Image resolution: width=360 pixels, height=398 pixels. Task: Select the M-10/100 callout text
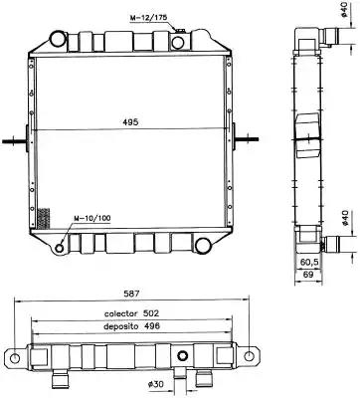pyautogui.click(x=92, y=218)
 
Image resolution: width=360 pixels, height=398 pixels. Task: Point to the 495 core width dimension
pyautogui.click(x=130, y=122)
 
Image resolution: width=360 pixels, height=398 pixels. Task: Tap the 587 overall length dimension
pyautogui.click(x=131, y=294)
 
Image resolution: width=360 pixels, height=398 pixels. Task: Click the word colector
pyautogui.click(x=120, y=313)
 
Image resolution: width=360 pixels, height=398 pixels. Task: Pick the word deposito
pyautogui.click(x=120, y=326)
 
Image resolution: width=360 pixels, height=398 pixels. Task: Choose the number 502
pyautogui.click(x=151, y=313)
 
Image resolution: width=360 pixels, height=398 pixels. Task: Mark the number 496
pyautogui.click(x=152, y=326)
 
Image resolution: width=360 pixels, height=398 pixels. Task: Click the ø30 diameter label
pyautogui.click(x=155, y=384)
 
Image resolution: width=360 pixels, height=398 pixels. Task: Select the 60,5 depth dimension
pyautogui.click(x=309, y=262)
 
